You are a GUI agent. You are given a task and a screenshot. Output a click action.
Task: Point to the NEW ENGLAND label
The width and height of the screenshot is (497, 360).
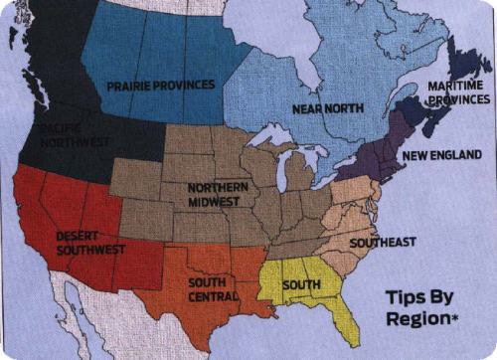pyautogui.click(x=440, y=155)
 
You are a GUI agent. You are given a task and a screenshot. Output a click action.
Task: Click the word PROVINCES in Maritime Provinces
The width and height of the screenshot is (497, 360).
pyautogui.click(x=458, y=100)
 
